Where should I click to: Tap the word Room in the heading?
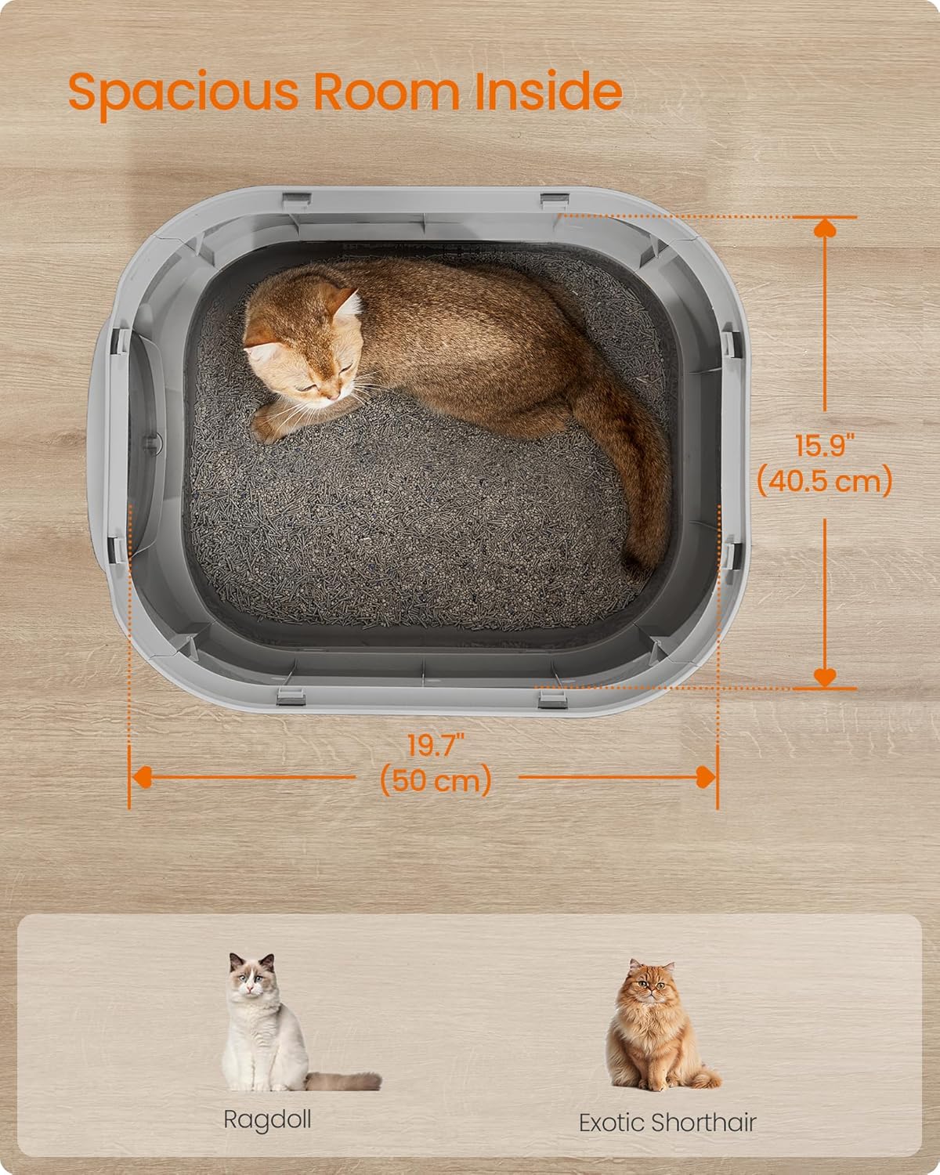pos(386,91)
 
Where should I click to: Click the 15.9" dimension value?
pos(824,446)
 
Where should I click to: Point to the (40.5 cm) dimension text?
pos(825,482)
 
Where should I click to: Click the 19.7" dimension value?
pos(436,745)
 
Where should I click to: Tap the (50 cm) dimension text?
pos(436,779)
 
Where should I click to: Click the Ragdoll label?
pos(267,1121)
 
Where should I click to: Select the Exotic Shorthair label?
pos(667,1123)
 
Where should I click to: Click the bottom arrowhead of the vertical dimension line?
pos(825,677)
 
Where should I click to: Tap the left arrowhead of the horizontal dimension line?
pos(142,777)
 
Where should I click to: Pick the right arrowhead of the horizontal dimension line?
pos(706,777)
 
